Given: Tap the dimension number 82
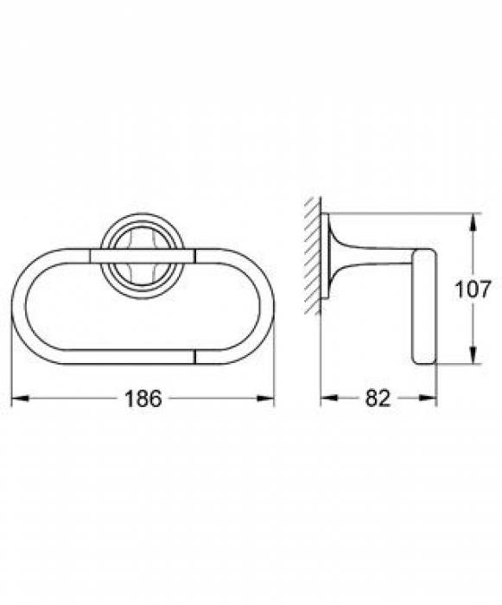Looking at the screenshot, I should pos(378,399).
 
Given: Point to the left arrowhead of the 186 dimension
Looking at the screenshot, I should pos(16,398).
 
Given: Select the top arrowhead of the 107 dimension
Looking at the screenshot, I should pos(472,220).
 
